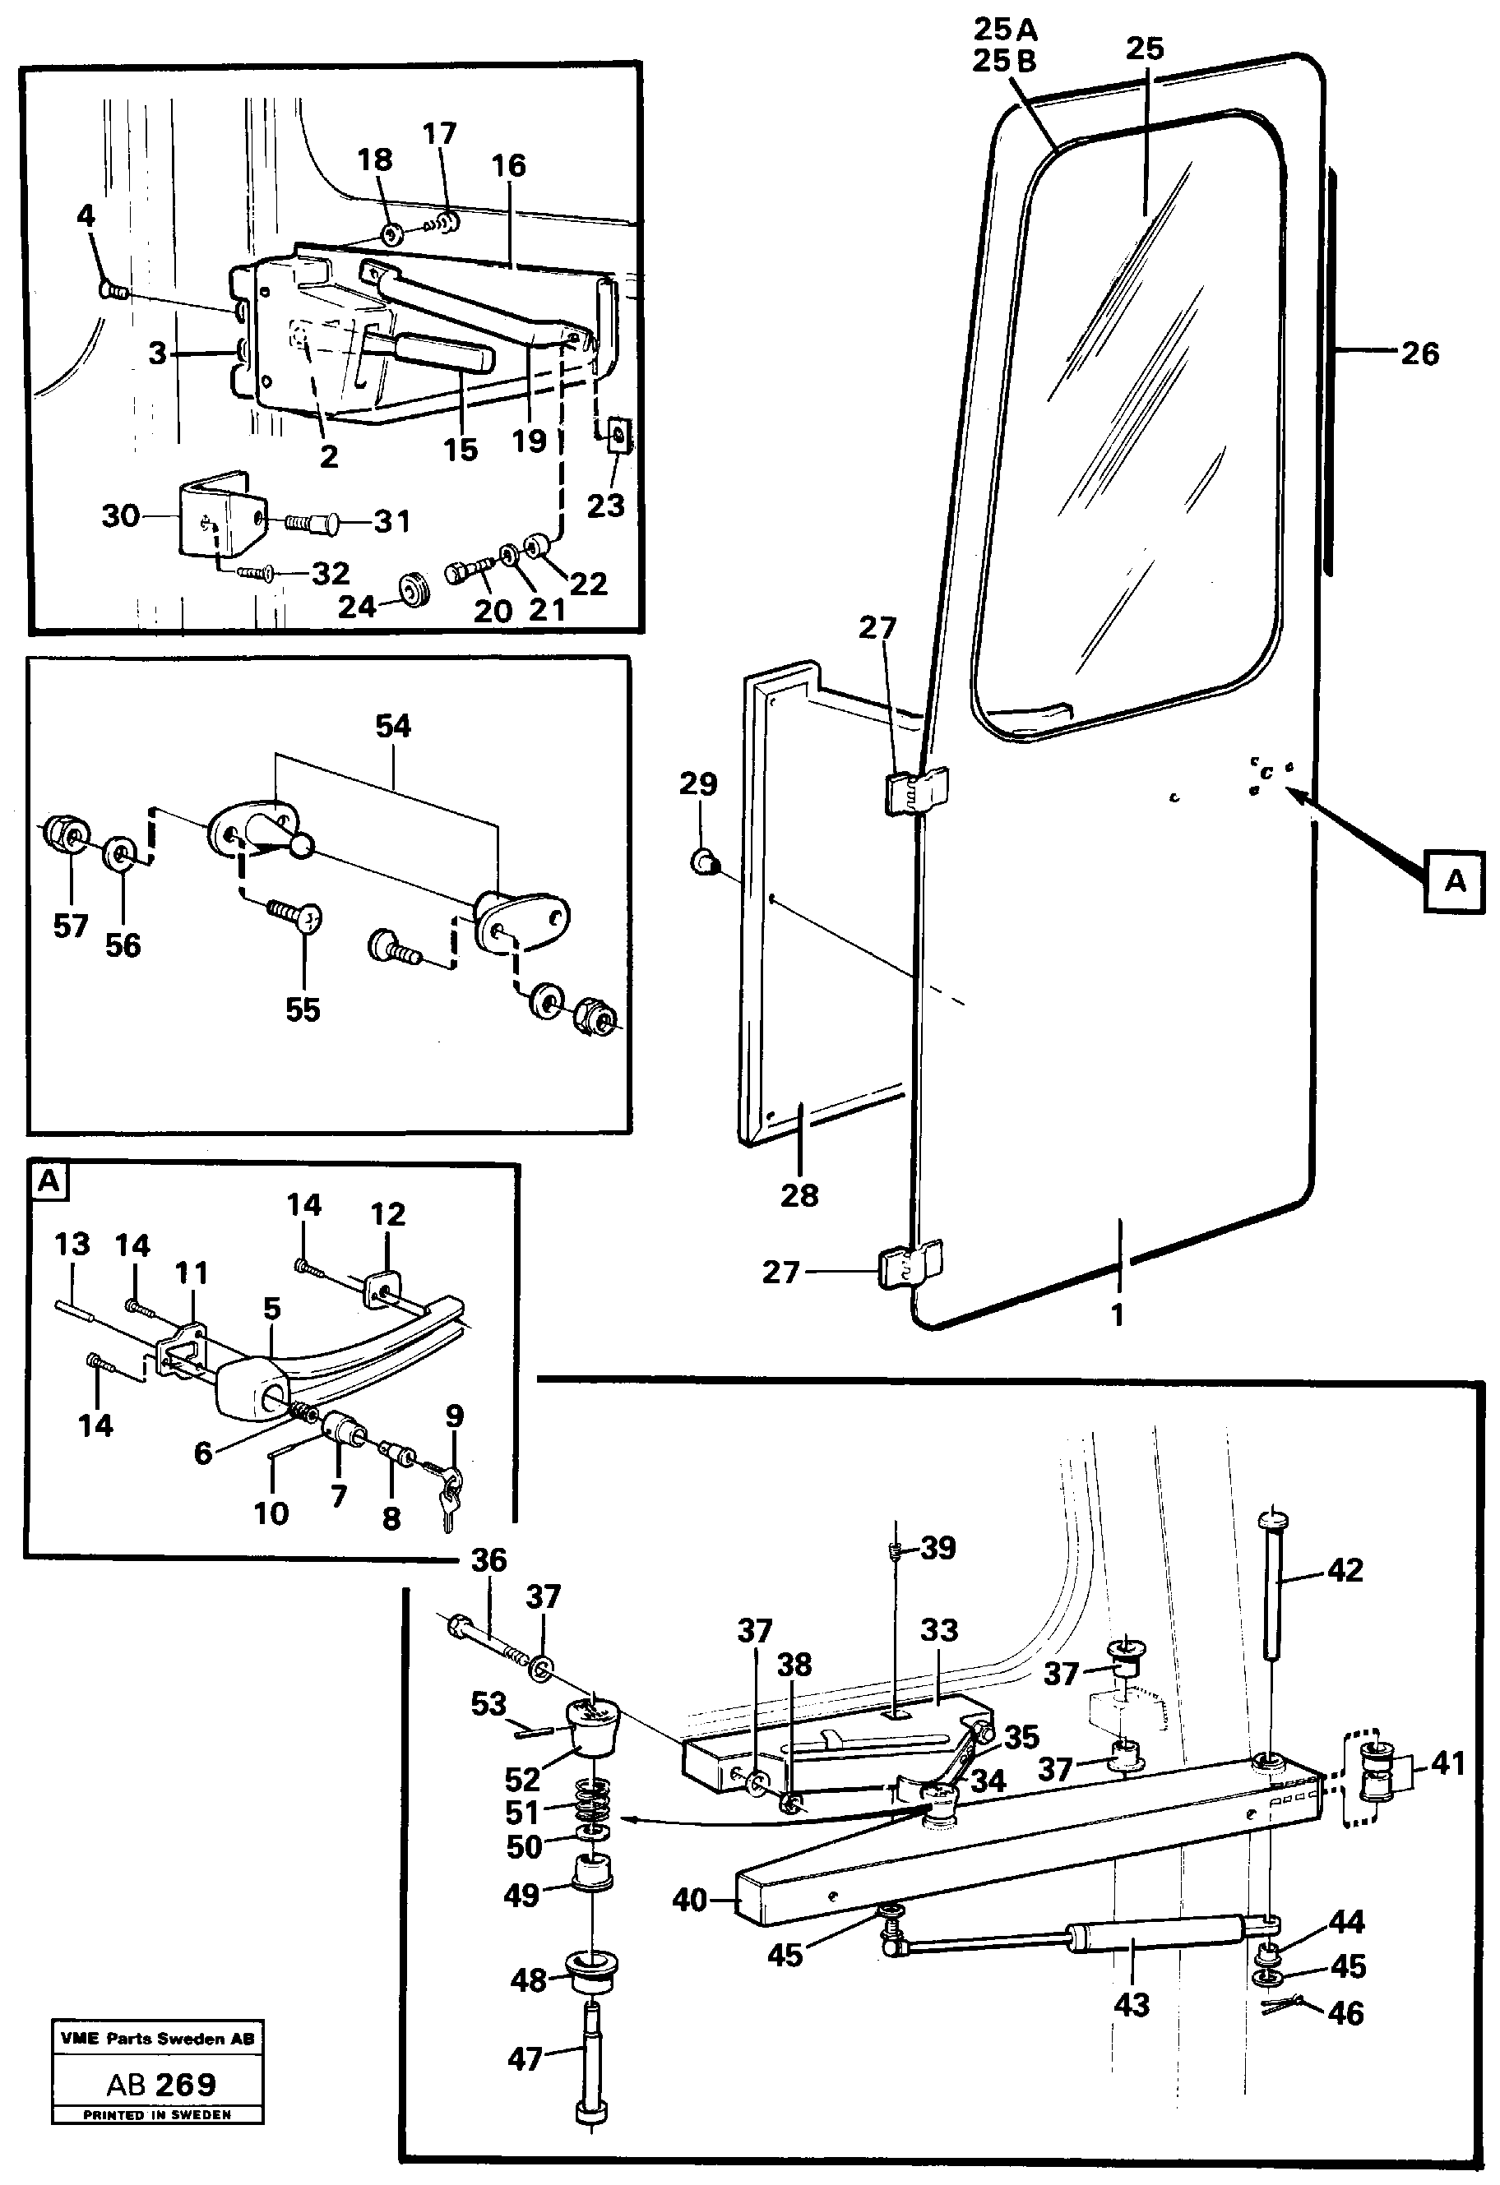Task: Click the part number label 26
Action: [1419, 354]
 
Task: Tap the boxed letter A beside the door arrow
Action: [1455, 881]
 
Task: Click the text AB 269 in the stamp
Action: [161, 2085]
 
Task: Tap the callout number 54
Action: [392, 726]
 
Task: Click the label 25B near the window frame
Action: [1003, 60]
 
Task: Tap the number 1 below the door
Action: [1118, 1314]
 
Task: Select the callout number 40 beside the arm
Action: [689, 1900]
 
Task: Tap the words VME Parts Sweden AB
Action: [156, 2039]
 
